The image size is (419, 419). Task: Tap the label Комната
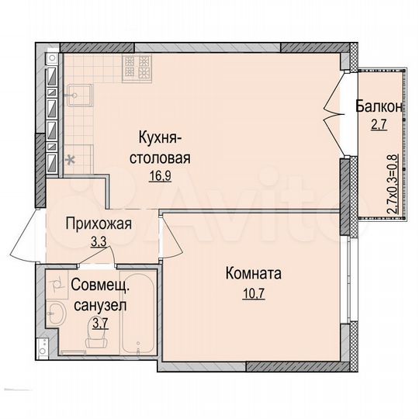click(x=254, y=274)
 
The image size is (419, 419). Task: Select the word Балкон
click(x=379, y=106)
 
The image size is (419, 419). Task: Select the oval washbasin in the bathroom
click(x=56, y=314)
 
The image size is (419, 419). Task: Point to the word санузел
click(x=99, y=305)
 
